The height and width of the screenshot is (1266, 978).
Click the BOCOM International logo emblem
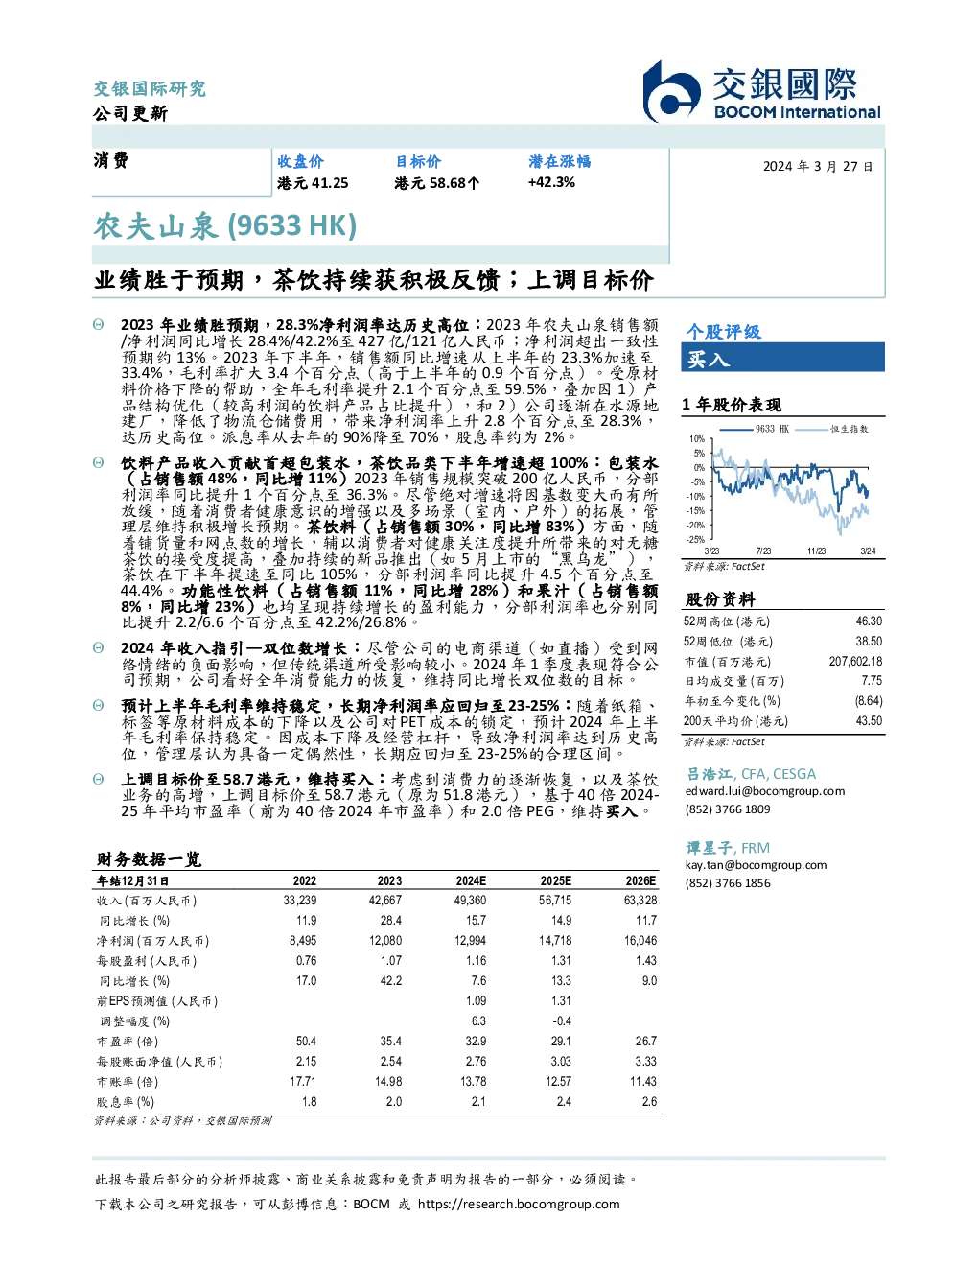click(x=671, y=92)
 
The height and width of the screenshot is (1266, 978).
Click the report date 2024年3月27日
click(x=818, y=167)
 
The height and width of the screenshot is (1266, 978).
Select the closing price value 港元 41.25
click(x=313, y=183)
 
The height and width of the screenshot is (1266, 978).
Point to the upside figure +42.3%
click(x=551, y=183)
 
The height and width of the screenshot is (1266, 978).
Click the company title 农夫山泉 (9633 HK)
click(x=224, y=226)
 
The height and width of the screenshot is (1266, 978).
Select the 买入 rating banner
click(x=782, y=357)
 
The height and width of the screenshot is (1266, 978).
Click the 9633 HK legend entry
click(x=755, y=429)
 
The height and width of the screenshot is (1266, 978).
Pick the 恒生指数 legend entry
click(x=832, y=429)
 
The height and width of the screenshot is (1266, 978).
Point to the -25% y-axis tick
click(x=696, y=540)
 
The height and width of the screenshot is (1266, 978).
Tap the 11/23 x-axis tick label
click(x=816, y=551)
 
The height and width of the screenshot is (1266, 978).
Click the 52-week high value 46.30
click(x=869, y=621)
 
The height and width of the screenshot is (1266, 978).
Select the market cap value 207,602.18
click(x=855, y=661)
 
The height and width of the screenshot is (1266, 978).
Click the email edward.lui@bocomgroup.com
click(x=765, y=791)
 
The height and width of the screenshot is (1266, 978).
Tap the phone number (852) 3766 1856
click(x=728, y=883)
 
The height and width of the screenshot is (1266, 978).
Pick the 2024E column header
click(x=471, y=880)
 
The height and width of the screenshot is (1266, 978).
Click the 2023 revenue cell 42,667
click(x=385, y=901)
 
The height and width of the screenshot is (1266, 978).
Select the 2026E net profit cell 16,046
click(x=640, y=941)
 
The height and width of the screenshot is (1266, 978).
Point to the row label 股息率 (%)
click(x=126, y=1102)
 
